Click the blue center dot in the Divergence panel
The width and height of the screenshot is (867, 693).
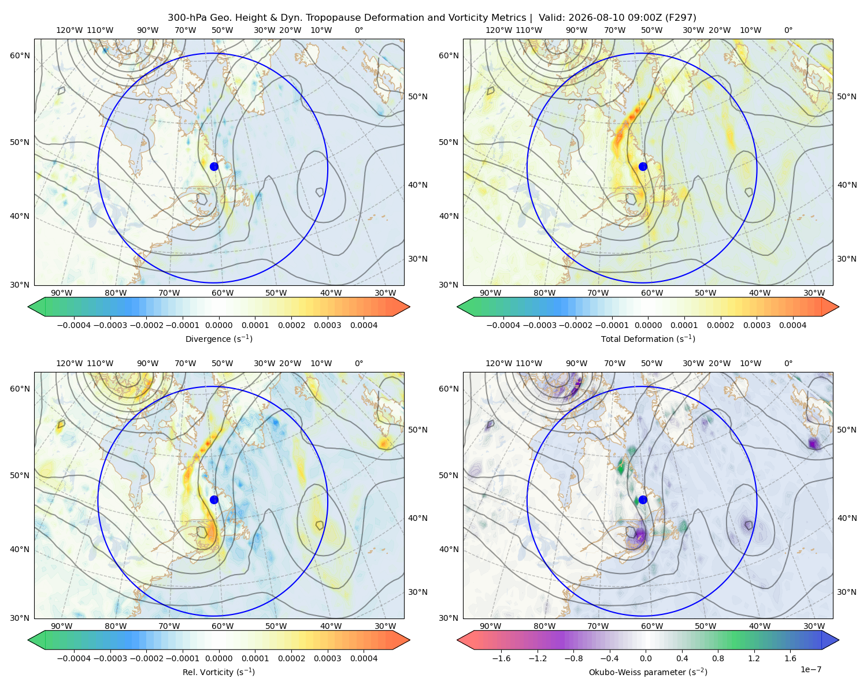pos(214,166)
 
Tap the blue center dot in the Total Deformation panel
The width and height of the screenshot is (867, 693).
pos(643,166)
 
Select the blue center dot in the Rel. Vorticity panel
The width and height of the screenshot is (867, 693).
pos(214,500)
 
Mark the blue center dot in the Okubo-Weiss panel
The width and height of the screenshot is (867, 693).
pos(643,500)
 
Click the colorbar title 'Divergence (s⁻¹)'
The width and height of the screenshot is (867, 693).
pos(218,338)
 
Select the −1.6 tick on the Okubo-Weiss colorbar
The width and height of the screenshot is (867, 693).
pos(501,658)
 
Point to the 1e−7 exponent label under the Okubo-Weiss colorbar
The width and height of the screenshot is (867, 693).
pos(810,669)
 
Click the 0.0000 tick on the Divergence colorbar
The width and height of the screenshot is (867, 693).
pos(218,325)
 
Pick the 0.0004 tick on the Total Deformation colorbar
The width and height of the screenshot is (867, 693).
pos(792,325)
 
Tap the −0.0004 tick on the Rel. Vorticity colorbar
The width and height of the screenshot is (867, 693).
pos(74,658)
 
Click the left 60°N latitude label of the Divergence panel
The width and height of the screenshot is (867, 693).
pos(20,55)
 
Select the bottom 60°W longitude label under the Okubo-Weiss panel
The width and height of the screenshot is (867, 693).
pos(651,626)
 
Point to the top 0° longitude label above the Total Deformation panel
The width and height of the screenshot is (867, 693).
pos(788,30)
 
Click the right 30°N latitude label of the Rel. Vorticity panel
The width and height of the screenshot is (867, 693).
pos(418,591)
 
